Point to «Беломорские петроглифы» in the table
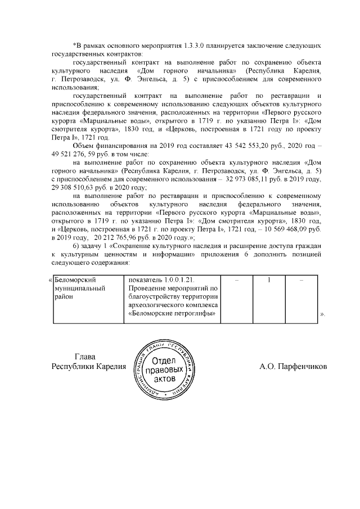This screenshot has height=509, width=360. pos(173,313)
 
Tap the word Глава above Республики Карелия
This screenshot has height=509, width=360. pos(85,357)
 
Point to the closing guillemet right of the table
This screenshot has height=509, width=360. pos(322,313)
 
